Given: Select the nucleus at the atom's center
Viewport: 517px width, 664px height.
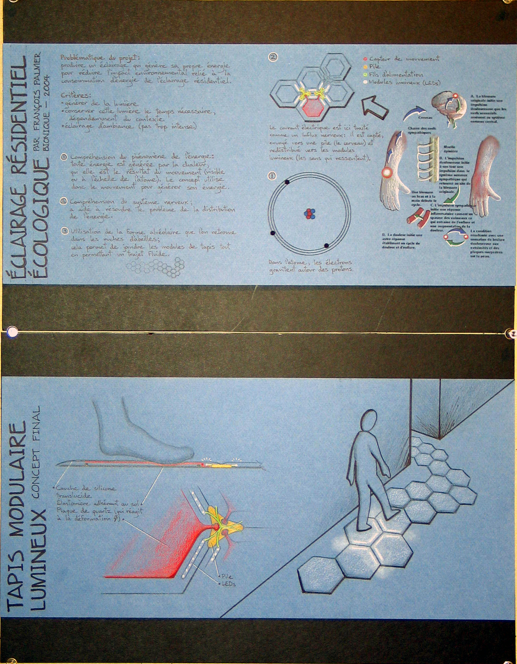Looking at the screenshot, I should click(309, 214).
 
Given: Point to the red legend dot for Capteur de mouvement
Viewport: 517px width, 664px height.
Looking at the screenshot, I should click(365, 59).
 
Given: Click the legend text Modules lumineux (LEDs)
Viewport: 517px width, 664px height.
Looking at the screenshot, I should click(405, 82).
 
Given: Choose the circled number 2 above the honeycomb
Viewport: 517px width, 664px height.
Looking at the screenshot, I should click(273, 57).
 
